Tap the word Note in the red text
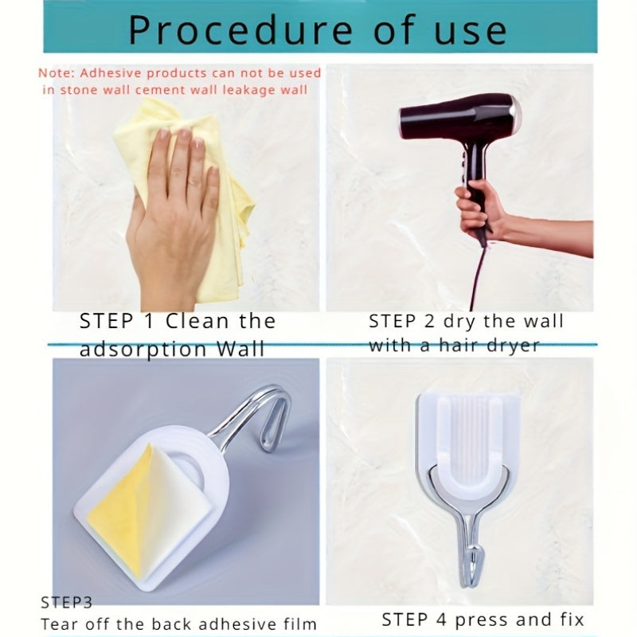coord(53,73)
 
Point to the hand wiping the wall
coord(171,215)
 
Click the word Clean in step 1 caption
coord(198,322)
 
